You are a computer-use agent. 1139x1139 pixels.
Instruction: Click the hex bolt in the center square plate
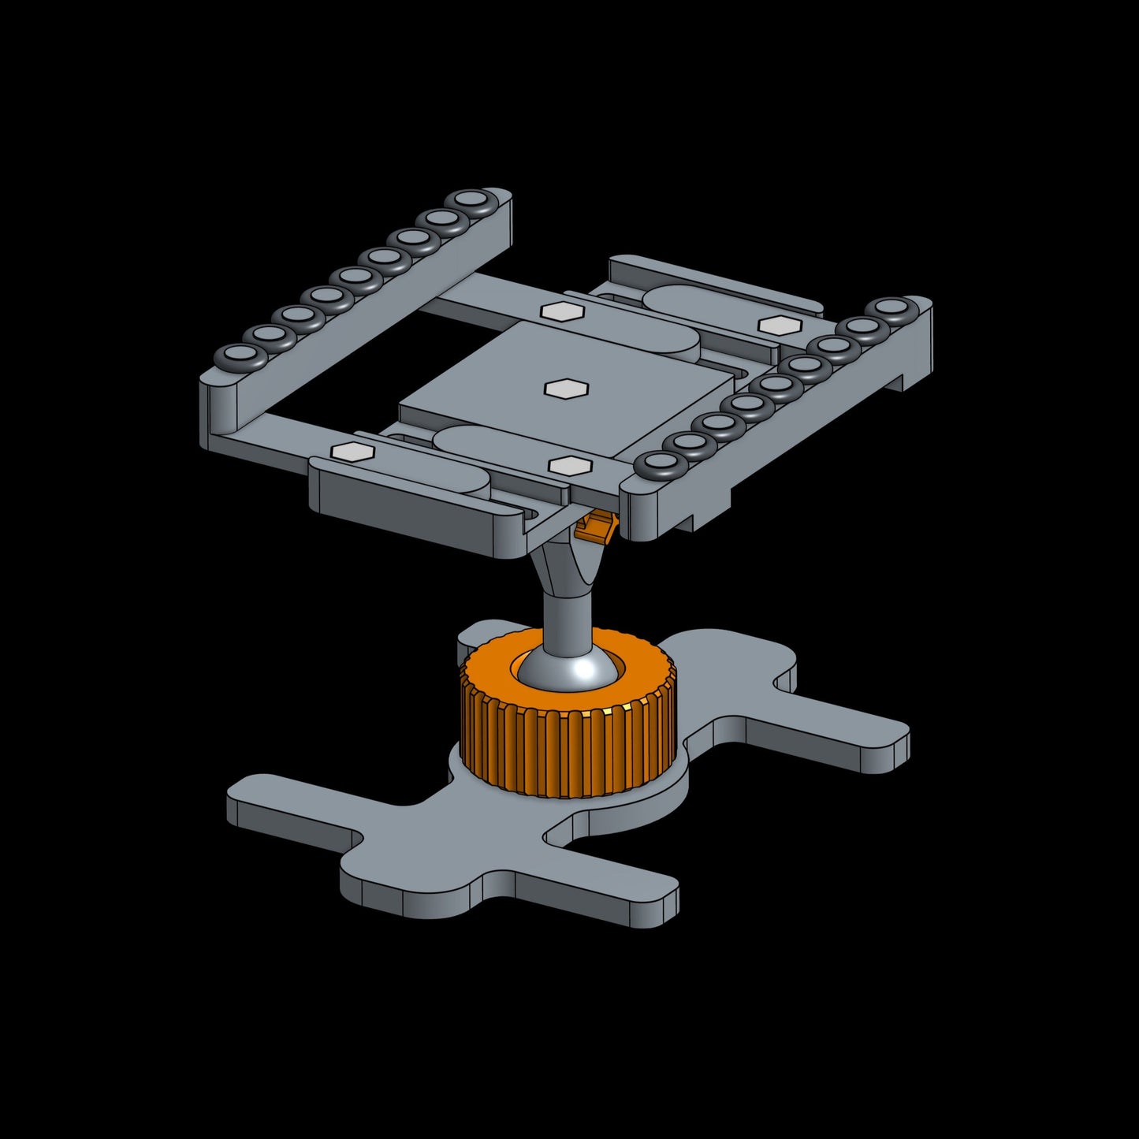566,389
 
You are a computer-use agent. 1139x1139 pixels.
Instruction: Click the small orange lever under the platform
596,527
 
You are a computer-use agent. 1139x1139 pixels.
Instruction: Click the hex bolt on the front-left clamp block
352,452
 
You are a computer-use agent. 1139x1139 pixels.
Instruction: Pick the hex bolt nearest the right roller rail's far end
780,324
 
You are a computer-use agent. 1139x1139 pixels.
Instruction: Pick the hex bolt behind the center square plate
562,311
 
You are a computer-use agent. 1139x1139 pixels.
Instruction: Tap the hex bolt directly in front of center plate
569,466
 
